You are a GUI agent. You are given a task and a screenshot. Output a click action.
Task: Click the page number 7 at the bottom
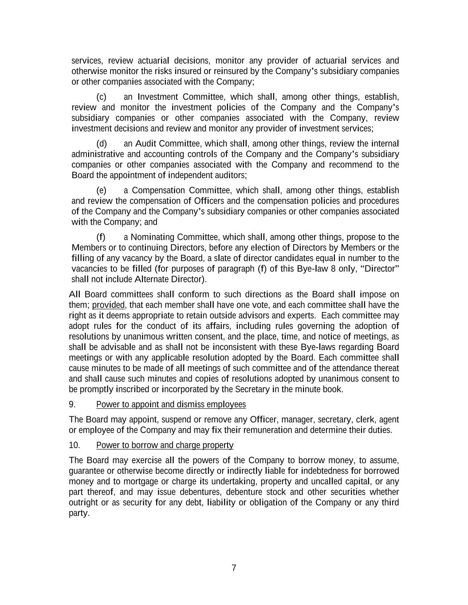[x=234, y=568]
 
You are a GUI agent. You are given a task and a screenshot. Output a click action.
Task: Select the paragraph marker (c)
[x=101, y=97]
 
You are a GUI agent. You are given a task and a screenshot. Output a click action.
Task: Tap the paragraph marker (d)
[x=101, y=144]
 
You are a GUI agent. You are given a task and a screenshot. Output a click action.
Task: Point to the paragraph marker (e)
[x=101, y=191]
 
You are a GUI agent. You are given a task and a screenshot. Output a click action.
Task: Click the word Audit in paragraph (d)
[x=146, y=144]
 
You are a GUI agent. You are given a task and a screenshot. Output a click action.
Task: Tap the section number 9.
[x=72, y=405]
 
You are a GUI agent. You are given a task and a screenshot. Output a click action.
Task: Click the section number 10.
[x=74, y=445]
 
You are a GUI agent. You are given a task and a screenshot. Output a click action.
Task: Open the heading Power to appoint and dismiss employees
[x=171, y=405]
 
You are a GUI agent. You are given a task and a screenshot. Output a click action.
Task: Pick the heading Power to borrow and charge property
[x=165, y=445]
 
